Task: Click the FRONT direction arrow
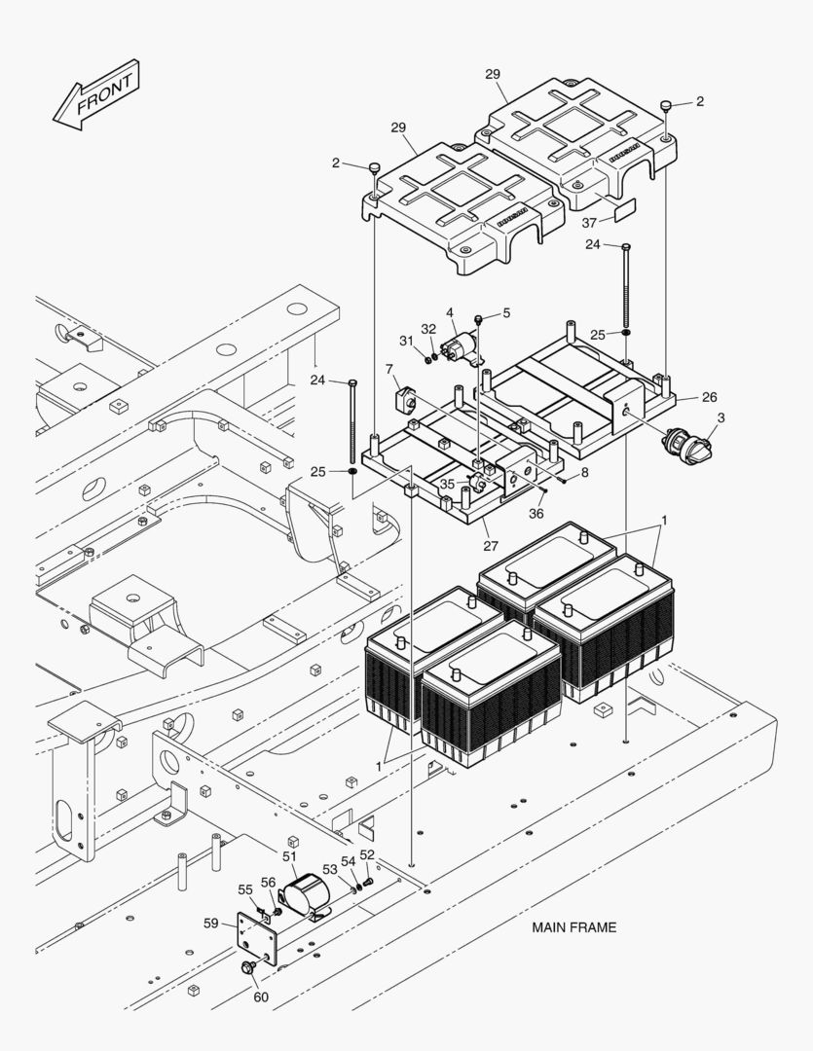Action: [96, 95]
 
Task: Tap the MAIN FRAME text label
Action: [573, 927]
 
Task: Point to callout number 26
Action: [709, 396]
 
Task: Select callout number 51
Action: [289, 856]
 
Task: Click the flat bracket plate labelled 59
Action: [257, 939]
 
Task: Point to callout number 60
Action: [261, 997]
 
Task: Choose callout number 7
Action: [388, 371]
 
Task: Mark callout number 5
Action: [505, 313]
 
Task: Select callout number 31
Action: [406, 340]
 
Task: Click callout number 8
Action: [584, 473]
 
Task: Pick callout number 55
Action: [245, 889]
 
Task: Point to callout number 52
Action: [367, 854]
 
